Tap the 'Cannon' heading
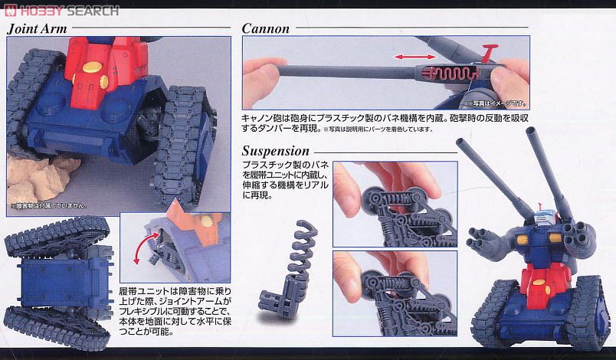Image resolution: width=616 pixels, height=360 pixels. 266,29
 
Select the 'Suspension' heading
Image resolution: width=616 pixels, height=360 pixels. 276,151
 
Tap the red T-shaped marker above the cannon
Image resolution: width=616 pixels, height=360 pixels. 486,55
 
